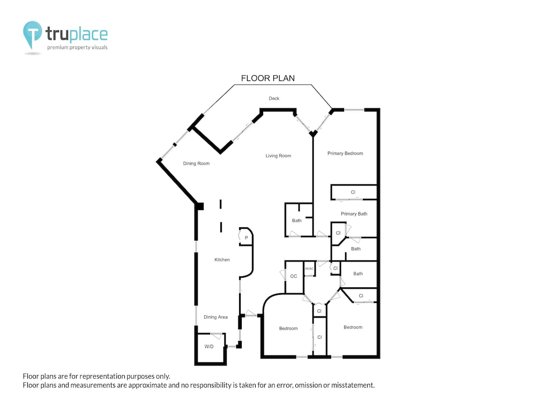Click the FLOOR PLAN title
pos(267,78)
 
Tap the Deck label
pos(274,99)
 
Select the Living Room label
pos(278,156)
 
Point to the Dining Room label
pos(196,163)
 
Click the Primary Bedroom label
pos(345,153)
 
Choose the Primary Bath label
pos(354,214)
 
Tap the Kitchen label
pos(222,260)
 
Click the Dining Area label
pos(215,317)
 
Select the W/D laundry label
pos(209,347)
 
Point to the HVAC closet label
pos(309,269)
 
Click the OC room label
pos(294,276)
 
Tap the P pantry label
pos(246,238)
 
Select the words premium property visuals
pos(77,47)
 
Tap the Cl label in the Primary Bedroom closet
pos(353,192)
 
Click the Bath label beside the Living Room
pos(297,221)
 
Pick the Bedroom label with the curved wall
pos(288,329)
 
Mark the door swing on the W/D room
pos(217,336)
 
